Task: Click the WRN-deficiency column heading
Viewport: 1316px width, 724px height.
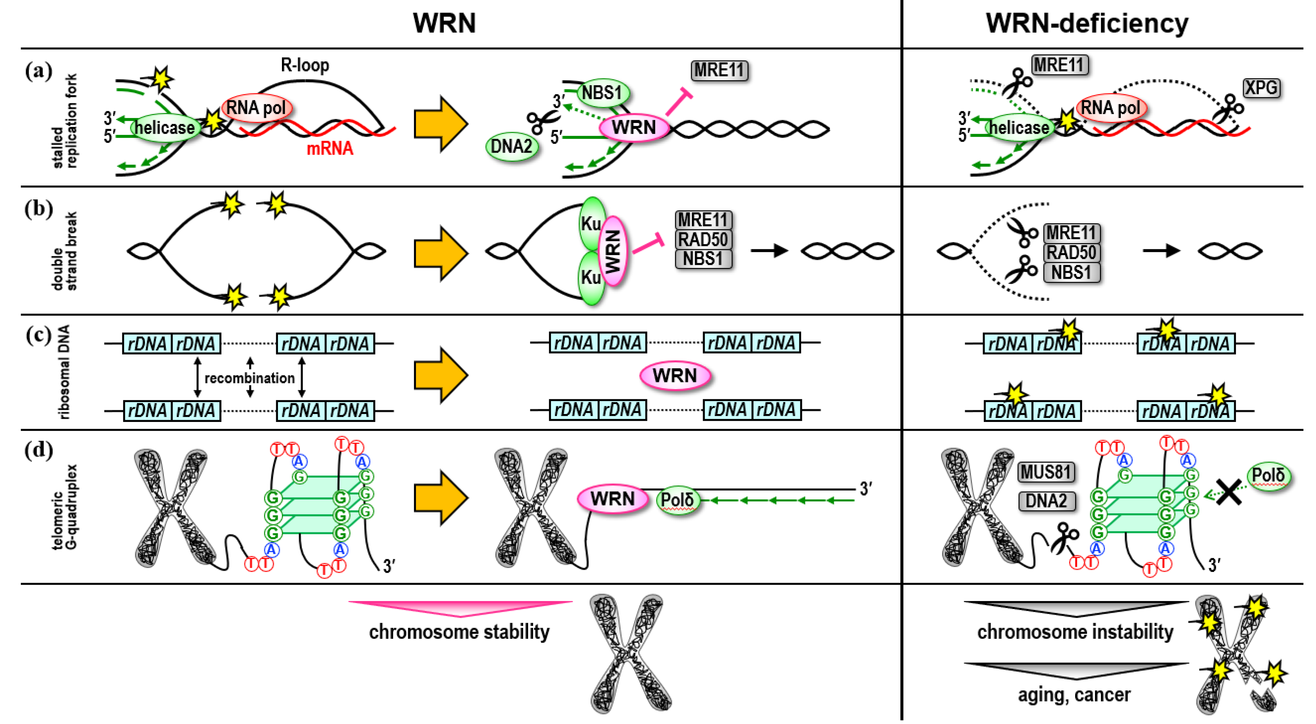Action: (x=1087, y=24)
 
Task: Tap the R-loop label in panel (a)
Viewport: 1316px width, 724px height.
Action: (x=305, y=65)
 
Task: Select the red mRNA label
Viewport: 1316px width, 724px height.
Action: (x=329, y=148)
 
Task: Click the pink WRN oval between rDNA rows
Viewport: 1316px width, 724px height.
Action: (x=675, y=376)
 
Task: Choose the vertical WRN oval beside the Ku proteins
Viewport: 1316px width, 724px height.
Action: (x=613, y=251)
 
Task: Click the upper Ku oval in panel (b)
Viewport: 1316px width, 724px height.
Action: (x=591, y=224)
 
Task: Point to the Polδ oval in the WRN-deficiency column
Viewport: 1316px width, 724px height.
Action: (x=1268, y=476)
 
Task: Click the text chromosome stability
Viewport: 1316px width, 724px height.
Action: (x=459, y=632)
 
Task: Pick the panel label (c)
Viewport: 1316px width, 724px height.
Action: (x=38, y=335)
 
